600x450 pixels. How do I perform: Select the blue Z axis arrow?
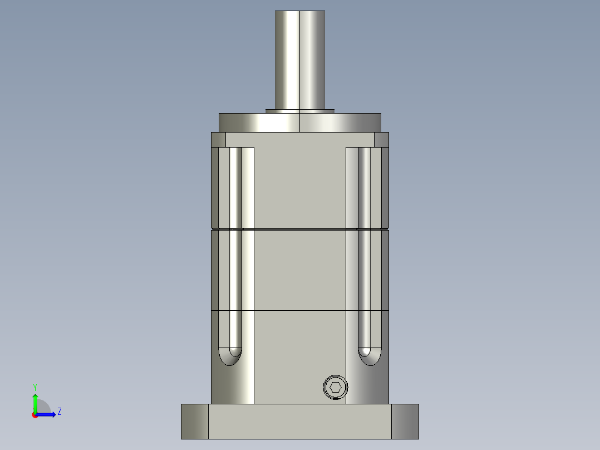pyautogui.click(x=47, y=414)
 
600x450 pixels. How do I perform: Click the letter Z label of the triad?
pyautogui.click(x=59, y=412)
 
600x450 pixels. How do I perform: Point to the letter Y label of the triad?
pyautogui.click(x=35, y=387)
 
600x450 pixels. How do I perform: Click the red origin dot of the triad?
pyautogui.click(x=35, y=415)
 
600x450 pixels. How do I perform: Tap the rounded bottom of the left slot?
pyautogui.click(x=230, y=356)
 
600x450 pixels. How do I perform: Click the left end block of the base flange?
pyautogui.click(x=195, y=422)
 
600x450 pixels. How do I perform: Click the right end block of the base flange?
pyautogui.click(x=405, y=422)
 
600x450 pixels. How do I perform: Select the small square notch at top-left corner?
pyautogui.click(x=218, y=139)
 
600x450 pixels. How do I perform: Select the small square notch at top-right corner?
pyautogui.click(x=381, y=139)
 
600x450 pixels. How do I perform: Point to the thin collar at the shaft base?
pyautogui.click(x=300, y=111)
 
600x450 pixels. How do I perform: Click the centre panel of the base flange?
pyautogui.click(x=299, y=422)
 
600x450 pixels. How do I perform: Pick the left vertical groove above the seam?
pyautogui.click(x=236, y=187)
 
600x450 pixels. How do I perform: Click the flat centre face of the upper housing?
pyautogui.click(x=299, y=184)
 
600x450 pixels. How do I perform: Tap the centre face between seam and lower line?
pyautogui.click(x=299, y=270)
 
